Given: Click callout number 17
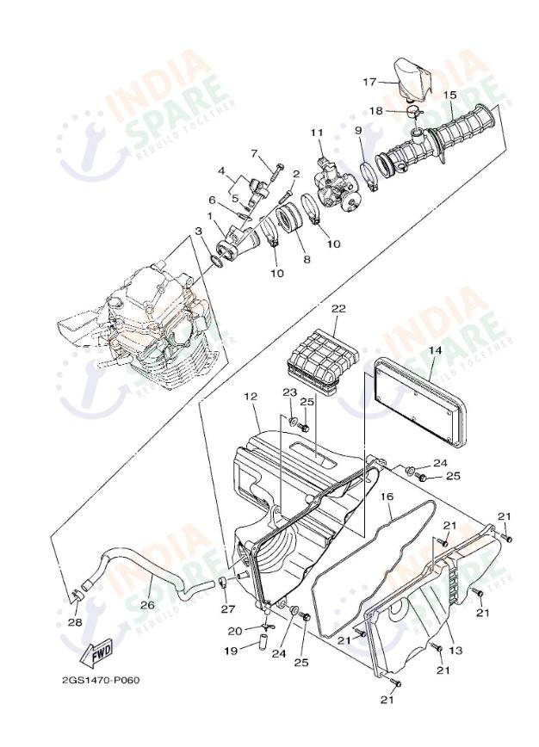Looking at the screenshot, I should click(369, 82).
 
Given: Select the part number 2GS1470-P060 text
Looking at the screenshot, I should click(101, 680).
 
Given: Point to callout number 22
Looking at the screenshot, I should click(338, 307).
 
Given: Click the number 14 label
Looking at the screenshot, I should click(435, 350).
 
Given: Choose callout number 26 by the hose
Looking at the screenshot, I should click(147, 604).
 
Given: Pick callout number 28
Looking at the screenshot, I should click(75, 622).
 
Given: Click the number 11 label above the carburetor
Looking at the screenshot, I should click(316, 133).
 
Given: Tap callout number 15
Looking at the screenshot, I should click(449, 96).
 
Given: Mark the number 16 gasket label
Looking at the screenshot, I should click(387, 497).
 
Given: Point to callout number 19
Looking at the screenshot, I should click(231, 651).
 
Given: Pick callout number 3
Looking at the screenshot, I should click(199, 231).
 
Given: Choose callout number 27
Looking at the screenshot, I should click(228, 608).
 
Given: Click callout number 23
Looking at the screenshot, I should click(288, 392).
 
